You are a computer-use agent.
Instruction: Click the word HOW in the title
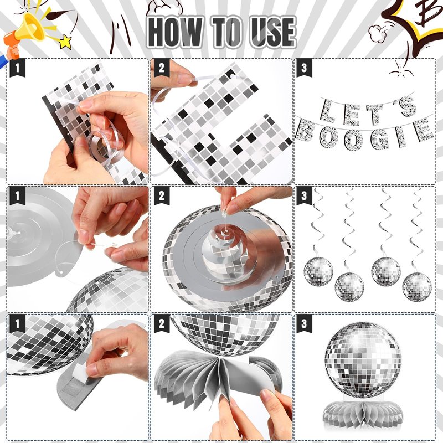tap(176, 32)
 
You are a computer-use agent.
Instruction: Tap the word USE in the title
tap(272, 32)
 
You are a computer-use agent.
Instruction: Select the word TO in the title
tap(227, 32)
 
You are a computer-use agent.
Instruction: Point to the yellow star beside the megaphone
tap(66, 42)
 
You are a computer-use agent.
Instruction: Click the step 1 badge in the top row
tap(18, 68)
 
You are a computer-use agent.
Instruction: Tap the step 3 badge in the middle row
tap(304, 195)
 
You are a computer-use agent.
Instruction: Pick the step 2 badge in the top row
tap(162, 68)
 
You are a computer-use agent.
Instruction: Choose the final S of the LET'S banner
tap(408, 106)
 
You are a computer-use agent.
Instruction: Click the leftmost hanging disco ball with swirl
tap(318, 272)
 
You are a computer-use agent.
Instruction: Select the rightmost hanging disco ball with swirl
tap(417, 287)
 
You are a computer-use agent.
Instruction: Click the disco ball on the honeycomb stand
tap(363, 360)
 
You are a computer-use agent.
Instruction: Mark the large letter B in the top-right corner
tap(430, 13)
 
